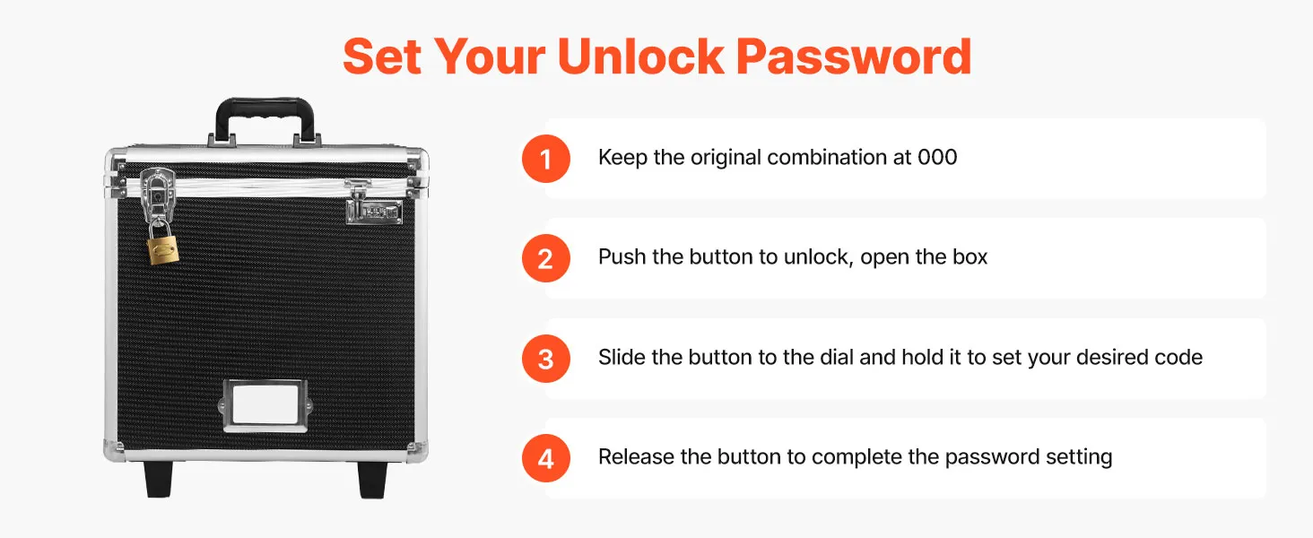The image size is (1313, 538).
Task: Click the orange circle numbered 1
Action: [x=545, y=159]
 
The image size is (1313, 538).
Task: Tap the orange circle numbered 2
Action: [x=545, y=258]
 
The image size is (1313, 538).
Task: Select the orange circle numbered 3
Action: [x=545, y=359]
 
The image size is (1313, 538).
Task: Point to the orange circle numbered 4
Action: [x=545, y=458]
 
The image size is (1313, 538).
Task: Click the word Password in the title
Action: [x=854, y=56]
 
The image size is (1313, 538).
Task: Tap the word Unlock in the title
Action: [x=640, y=56]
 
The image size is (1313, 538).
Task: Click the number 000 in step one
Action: [x=937, y=157]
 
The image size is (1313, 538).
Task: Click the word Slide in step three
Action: [x=622, y=357]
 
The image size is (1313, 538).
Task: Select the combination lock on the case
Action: [x=374, y=211]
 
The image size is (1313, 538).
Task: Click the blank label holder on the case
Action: [x=265, y=405]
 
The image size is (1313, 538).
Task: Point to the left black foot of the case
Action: [x=158, y=479]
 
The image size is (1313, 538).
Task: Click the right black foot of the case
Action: [x=372, y=480]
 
